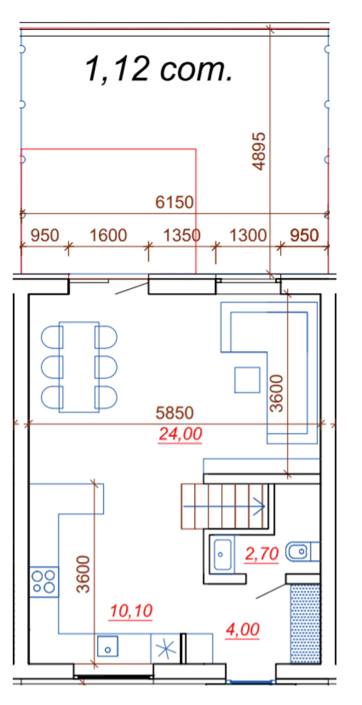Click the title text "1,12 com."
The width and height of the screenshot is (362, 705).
(x=159, y=69)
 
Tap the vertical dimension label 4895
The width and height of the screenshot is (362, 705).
(x=259, y=151)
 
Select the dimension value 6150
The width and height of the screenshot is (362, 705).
(x=174, y=202)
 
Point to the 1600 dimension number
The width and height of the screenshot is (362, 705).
(x=108, y=235)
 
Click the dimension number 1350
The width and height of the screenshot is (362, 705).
(x=182, y=235)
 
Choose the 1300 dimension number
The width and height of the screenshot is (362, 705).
(x=248, y=235)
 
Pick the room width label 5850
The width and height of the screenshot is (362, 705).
(x=174, y=413)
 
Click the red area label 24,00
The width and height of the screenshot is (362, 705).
(x=180, y=434)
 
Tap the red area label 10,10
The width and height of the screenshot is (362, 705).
(x=131, y=611)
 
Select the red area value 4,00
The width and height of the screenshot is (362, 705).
(x=242, y=630)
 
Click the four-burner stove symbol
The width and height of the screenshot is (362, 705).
(x=44, y=581)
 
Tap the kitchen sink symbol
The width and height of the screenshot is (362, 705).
(x=108, y=646)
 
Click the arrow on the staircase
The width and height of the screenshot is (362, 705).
(x=224, y=506)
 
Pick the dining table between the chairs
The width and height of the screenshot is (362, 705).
(x=79, y=367)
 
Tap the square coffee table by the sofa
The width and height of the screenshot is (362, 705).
(x=247, y=380)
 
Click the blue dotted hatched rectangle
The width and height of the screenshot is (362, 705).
(x=305, y=623)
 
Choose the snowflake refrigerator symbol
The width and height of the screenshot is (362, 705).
(x=166, y=648)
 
